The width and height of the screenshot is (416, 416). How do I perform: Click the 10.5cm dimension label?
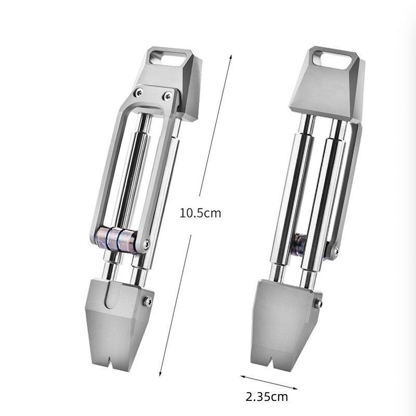coord(200,213)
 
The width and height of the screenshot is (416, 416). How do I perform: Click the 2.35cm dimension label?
coord(267,397)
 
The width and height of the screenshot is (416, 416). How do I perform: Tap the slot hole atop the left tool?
coord(167,58)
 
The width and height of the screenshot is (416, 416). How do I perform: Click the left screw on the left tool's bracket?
coord(139,93)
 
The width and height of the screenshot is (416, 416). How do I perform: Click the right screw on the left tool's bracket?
coord(167,96)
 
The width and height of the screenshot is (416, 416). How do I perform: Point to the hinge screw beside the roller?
coord(146,244)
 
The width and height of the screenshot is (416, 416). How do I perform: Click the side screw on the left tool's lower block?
coord(148,302)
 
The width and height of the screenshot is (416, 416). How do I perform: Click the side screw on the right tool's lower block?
coord(318,304)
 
